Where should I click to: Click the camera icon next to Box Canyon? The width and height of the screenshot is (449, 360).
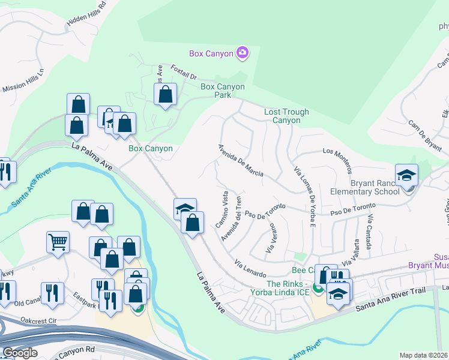point(242,53)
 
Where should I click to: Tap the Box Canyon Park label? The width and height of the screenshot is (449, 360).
point(223,91)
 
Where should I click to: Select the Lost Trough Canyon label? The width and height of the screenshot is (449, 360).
point(286,116)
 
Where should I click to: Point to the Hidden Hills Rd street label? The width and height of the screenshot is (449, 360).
point(86,13)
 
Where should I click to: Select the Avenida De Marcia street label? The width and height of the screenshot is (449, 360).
point(240,160)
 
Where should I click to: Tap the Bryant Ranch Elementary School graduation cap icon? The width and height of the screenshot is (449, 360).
point(406,175)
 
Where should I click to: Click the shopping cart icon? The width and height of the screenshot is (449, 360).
point(58,242)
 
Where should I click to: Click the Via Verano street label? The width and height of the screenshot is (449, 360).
point(270,238)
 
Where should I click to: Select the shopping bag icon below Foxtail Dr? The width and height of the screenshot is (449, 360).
point(165,94)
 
